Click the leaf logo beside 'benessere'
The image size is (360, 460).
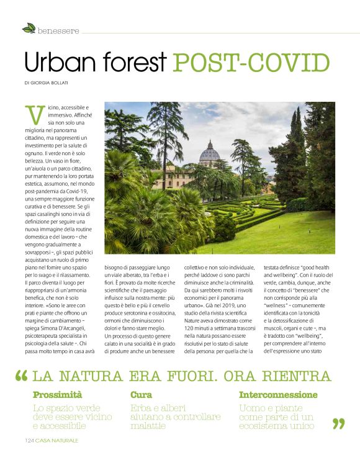pos(29,28)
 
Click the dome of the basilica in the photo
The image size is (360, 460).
pos(210,153)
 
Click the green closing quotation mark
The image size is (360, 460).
pos(338,423)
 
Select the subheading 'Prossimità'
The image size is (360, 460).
pos(58,395)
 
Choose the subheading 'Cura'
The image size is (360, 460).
pos(141,395)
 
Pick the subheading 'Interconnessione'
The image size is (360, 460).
pos(277,395)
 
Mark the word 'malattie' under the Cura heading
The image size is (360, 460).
pos(148,426)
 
